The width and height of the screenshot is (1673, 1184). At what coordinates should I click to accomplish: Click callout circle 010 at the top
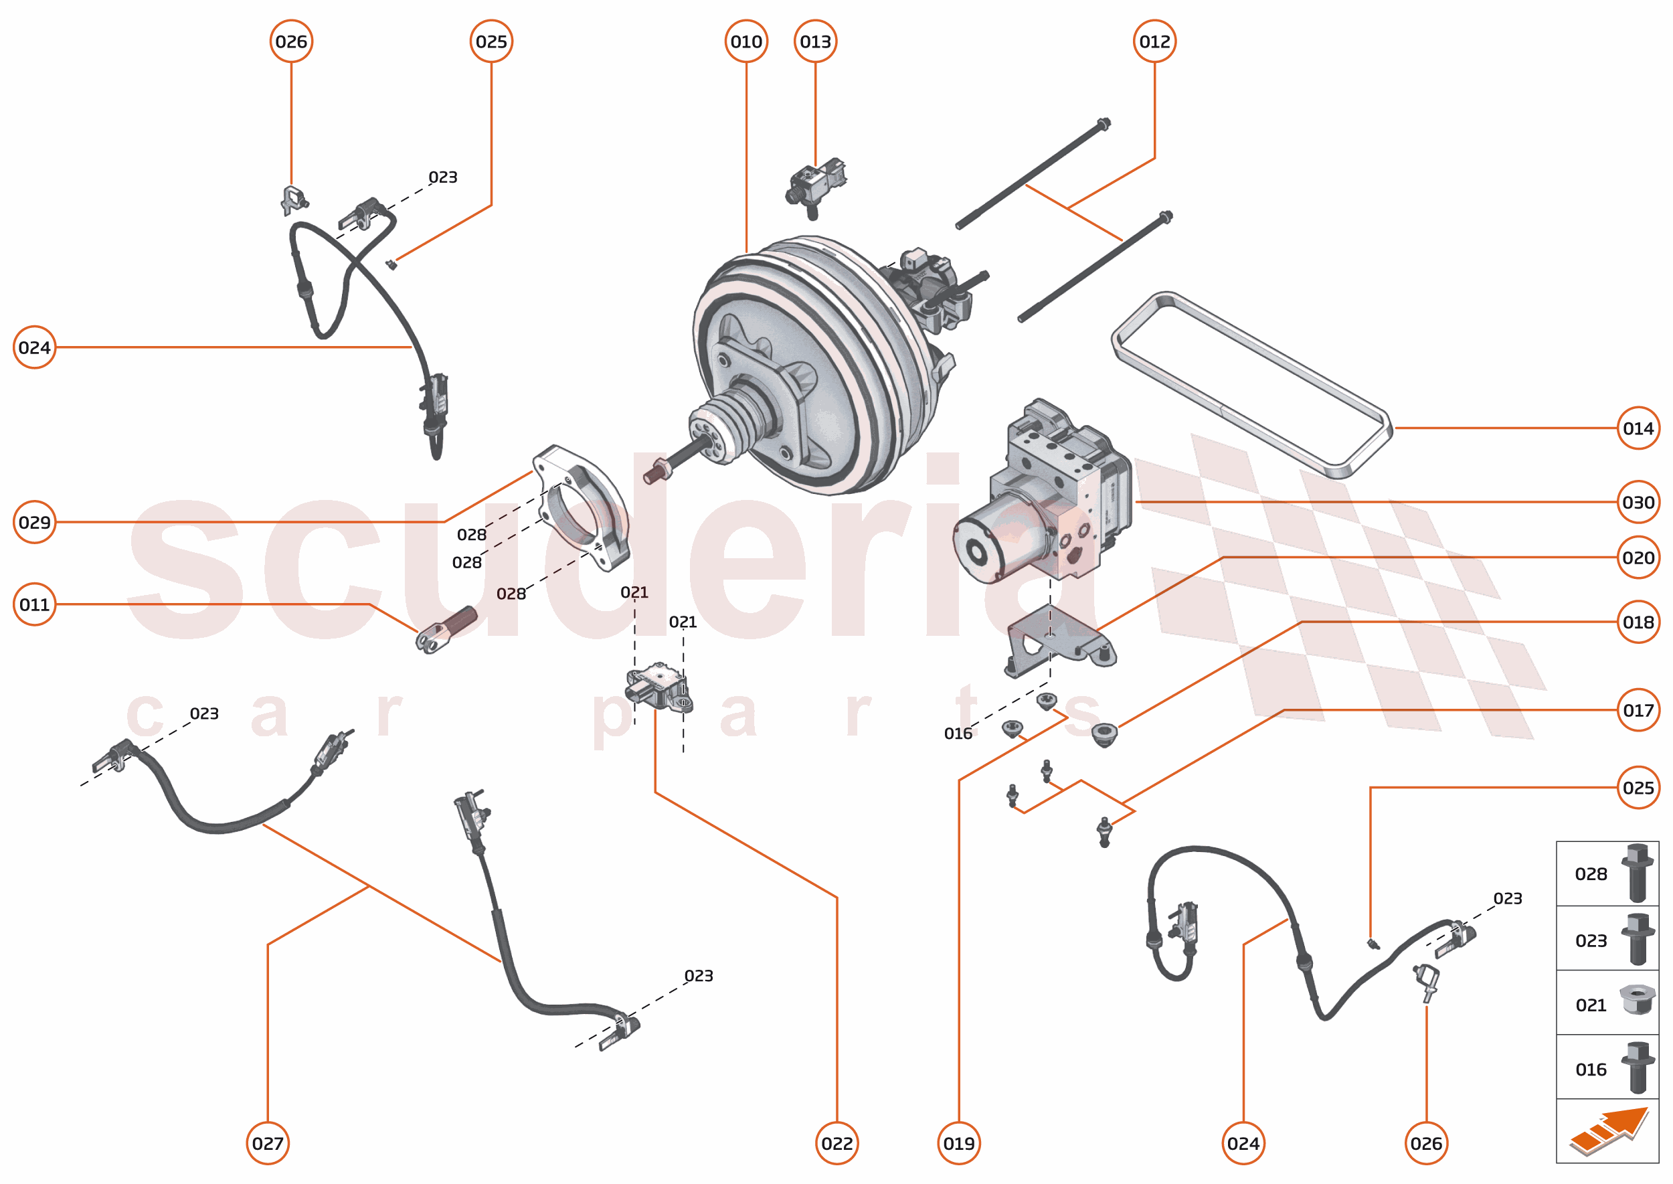pos(745,41)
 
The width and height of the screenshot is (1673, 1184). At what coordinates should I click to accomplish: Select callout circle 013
pos(815,41)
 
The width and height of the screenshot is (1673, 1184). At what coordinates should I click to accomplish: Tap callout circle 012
pos(1154,41)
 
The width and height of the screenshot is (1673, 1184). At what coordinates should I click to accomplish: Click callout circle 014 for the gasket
pos(1638,428)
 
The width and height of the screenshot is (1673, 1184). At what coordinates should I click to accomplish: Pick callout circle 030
pos(1638,503)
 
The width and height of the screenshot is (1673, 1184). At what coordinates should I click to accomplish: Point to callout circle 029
pos(34,522)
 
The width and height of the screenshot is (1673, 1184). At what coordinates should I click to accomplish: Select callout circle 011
pos(34,604)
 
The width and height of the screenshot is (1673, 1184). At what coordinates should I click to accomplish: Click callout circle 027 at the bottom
pos(268,1143)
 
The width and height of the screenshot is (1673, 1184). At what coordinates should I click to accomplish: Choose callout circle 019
pos(958,1143)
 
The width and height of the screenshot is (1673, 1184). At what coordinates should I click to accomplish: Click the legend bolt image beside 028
pos(1637,873)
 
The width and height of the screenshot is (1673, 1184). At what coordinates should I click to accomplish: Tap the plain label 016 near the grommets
pos(958,734)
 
